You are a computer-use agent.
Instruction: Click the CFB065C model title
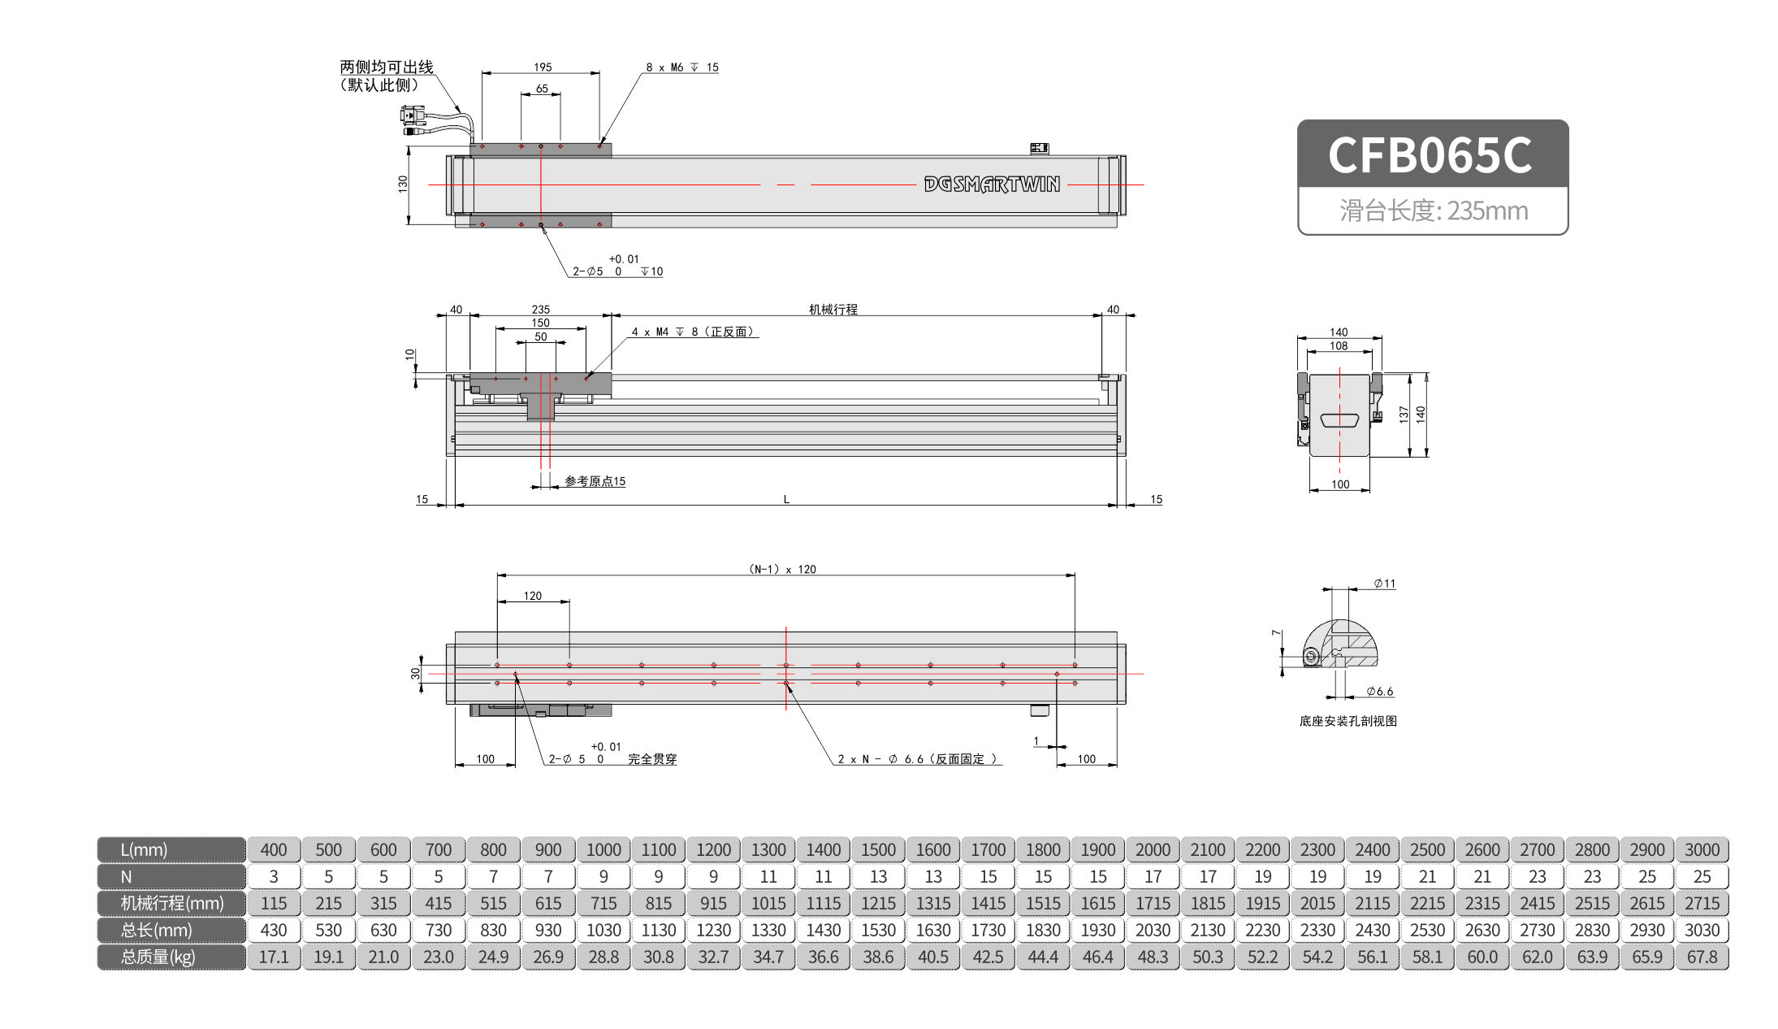1431,154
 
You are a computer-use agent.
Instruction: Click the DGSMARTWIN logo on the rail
992,185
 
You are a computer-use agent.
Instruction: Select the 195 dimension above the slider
543,67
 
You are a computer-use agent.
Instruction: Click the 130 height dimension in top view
403,184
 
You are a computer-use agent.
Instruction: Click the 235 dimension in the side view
540,310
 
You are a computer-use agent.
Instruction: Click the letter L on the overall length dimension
786,499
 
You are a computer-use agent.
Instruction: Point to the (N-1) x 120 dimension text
782,569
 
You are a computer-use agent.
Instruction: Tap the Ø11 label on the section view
1384,584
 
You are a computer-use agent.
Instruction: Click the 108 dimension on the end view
1339,346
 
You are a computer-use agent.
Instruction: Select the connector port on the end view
1339,420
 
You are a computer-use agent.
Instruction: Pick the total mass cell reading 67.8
1702,957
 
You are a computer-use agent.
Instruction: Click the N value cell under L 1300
768,876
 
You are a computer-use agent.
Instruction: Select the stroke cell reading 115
274,903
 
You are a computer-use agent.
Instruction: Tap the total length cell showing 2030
1153,930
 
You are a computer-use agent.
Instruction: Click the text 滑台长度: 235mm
1434,211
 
